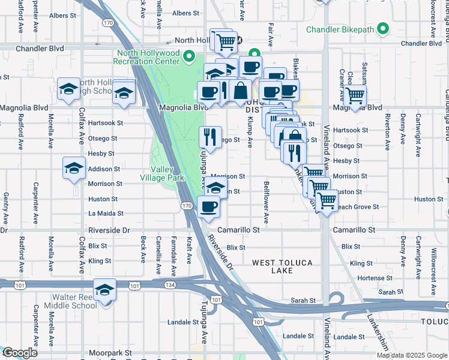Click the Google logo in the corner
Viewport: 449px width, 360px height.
19,353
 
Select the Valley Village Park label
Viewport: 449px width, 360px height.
162,174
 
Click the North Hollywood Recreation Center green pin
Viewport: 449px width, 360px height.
190,57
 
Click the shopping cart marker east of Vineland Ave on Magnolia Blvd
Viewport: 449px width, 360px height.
355,95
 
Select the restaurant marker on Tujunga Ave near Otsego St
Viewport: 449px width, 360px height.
210,137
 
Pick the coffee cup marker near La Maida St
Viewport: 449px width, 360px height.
208,206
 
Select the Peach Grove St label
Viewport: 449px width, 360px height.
358,207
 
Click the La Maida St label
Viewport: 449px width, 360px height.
106,213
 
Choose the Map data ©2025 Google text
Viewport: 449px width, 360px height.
412,355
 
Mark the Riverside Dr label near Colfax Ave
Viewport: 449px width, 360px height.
109,230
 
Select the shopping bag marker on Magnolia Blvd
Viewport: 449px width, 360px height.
240,91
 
